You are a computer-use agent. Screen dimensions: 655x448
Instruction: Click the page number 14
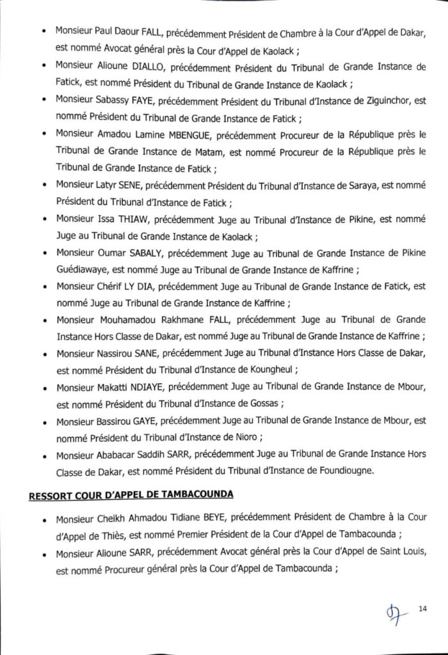[422, 608]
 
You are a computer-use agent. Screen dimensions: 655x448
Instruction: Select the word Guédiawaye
[82, 269]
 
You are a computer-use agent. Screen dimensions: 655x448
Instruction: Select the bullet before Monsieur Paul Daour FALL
[42, 31]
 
